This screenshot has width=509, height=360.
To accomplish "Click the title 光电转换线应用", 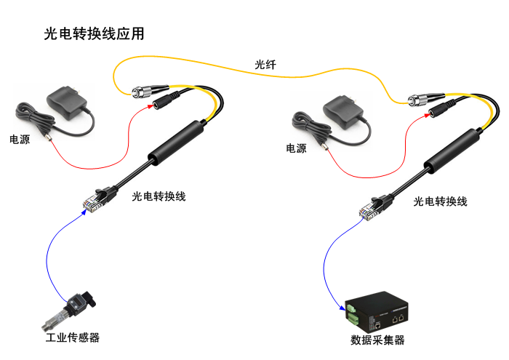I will [x=95, y=33].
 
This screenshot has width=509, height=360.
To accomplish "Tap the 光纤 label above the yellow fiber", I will [x=265, y=65].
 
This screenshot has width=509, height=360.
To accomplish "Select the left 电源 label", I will [x=20, y=138].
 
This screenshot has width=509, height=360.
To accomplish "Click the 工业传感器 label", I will [x=72, y=337].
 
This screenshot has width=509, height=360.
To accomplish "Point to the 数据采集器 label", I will [x=377, y=340].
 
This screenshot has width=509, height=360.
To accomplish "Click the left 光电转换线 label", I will [x=159, y=196].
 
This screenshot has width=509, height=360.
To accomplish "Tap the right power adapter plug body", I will [x=342, y=111].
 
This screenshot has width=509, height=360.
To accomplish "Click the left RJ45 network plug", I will [x=94, y=200].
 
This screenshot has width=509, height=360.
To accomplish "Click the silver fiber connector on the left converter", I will [x=140, y=92].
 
